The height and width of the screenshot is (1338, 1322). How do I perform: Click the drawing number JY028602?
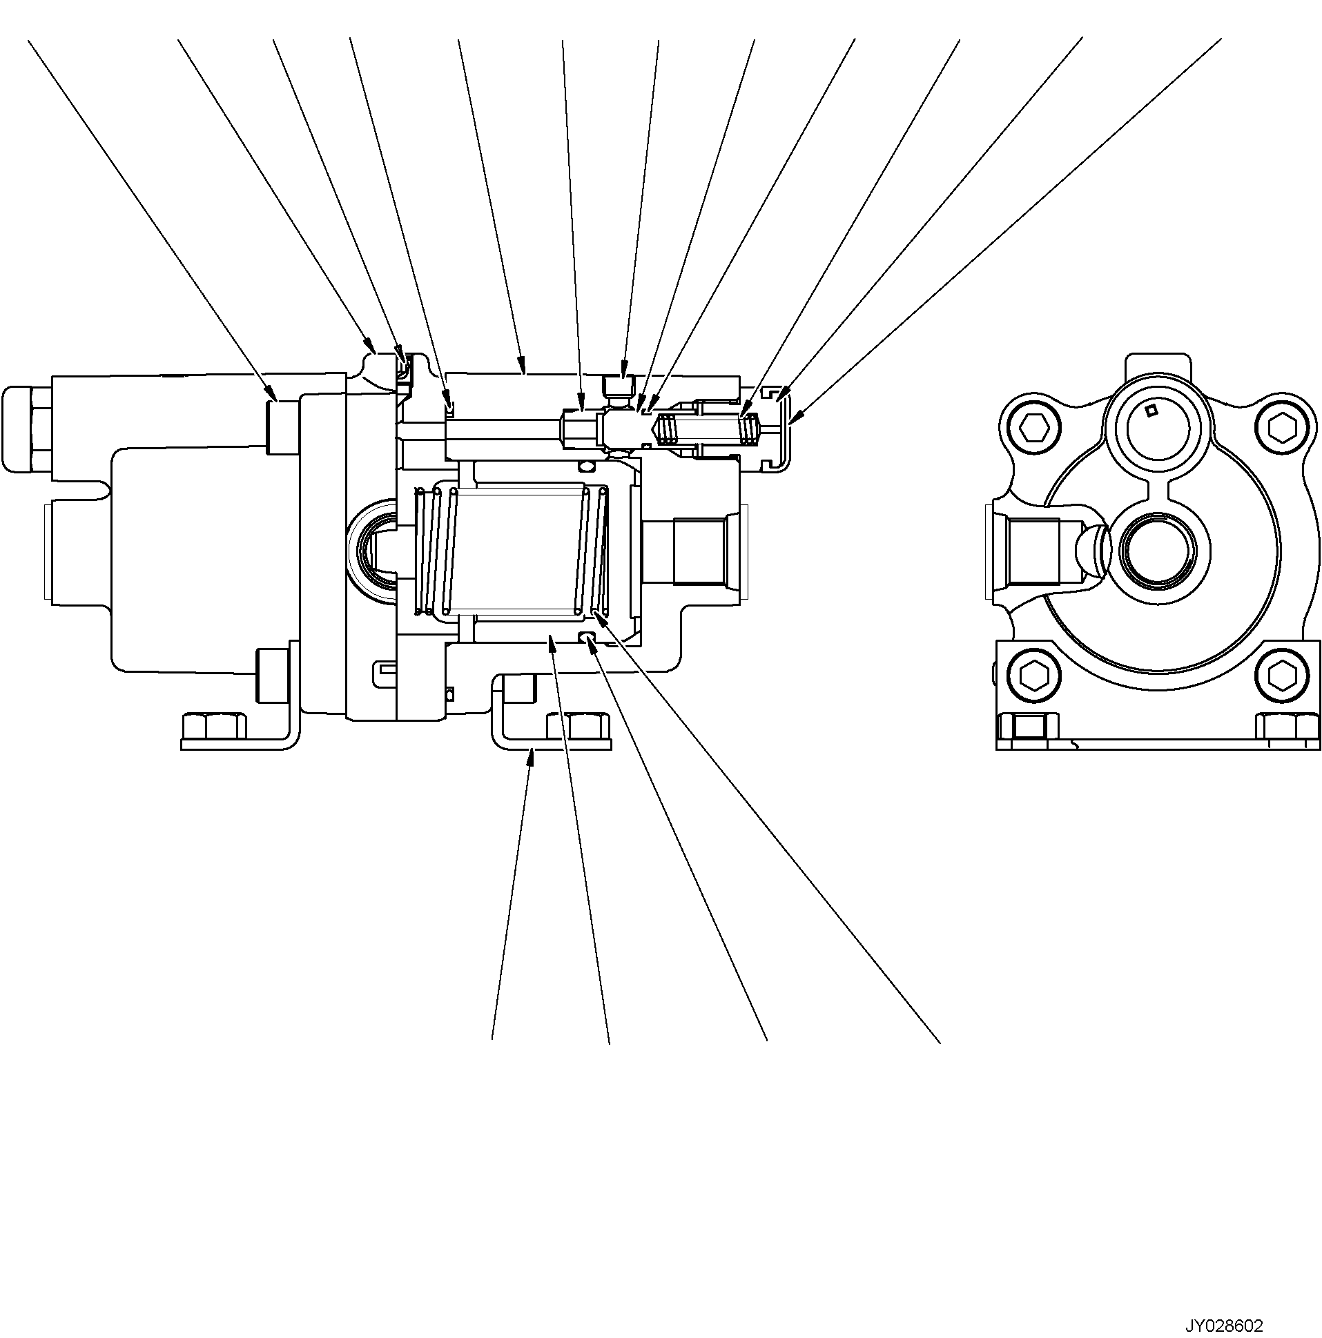[x=1223, y=1326]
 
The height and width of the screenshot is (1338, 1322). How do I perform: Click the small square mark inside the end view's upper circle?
[x=1151, y=411]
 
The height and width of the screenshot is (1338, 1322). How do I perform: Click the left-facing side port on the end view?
[x=1032, y=549]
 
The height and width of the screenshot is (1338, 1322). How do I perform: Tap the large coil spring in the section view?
[x=512, y=551]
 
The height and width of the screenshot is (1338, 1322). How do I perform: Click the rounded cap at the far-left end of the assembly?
[x=28, y=429]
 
